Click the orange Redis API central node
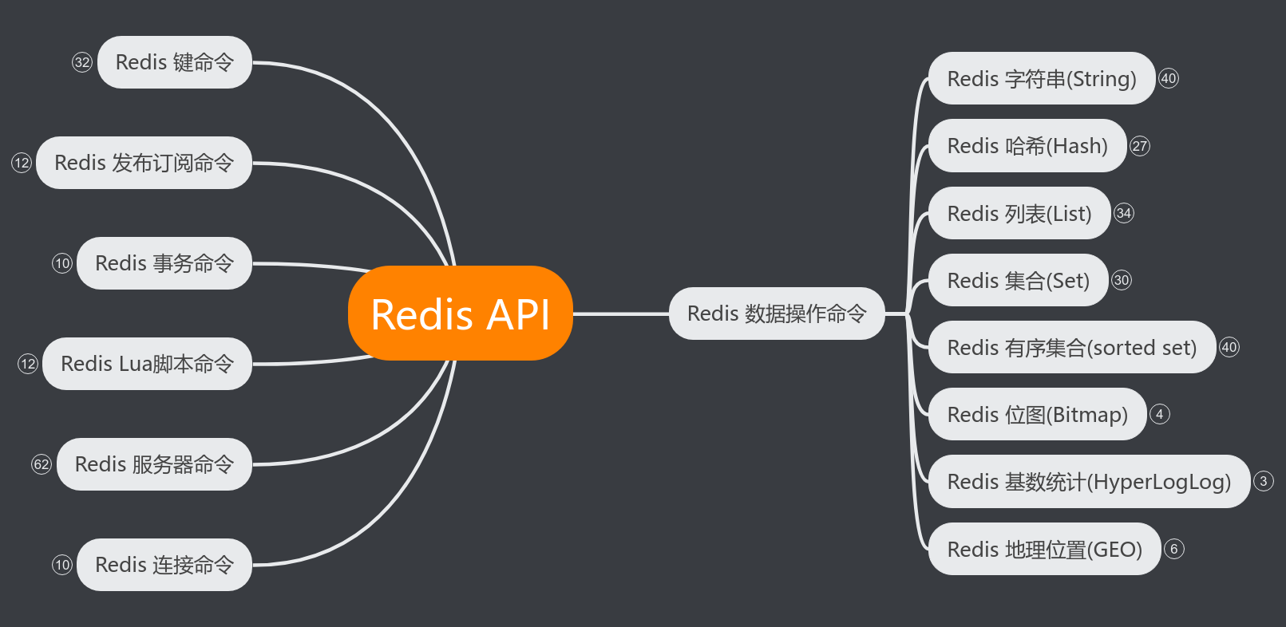coord(461,313)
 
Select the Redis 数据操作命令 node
coord(776,313)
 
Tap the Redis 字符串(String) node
coord(1041,79)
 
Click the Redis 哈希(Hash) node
coord(1027,146)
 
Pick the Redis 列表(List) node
coord(1019,214)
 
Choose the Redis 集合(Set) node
coord(1018,281)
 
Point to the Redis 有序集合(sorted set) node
coord(1071,348)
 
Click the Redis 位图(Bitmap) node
coord(1037,415)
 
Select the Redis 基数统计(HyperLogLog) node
coord(1088,482)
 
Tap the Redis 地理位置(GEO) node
coord(1044,550)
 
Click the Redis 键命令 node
coord(174,62)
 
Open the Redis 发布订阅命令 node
coord(144,163)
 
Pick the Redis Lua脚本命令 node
coord(147,364)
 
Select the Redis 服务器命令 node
coord(154,464)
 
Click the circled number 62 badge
coord(42,464)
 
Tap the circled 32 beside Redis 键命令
coord(82,62)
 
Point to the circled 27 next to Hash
coord(1140,146)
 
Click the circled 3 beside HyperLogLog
coord(1263,481)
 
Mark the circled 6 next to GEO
coord(1173,549)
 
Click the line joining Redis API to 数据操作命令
coord(621,313)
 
